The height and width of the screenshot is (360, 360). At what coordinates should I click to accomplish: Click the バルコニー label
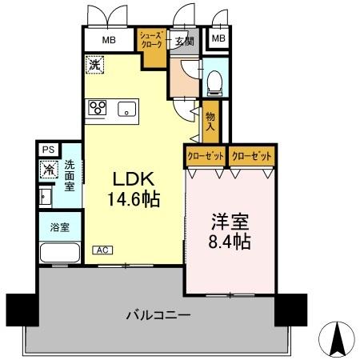click(158, 315)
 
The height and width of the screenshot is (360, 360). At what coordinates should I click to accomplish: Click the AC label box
click(102, 250)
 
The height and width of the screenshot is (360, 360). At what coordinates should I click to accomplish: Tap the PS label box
click(46, 149)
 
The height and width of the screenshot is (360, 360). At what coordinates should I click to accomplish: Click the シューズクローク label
click(151, 40)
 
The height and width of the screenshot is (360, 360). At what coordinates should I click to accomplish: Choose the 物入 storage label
click(210, 120)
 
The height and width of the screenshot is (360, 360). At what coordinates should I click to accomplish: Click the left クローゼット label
click(205, 155)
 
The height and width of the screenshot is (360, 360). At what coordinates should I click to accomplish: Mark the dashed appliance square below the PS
click(48, 170)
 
